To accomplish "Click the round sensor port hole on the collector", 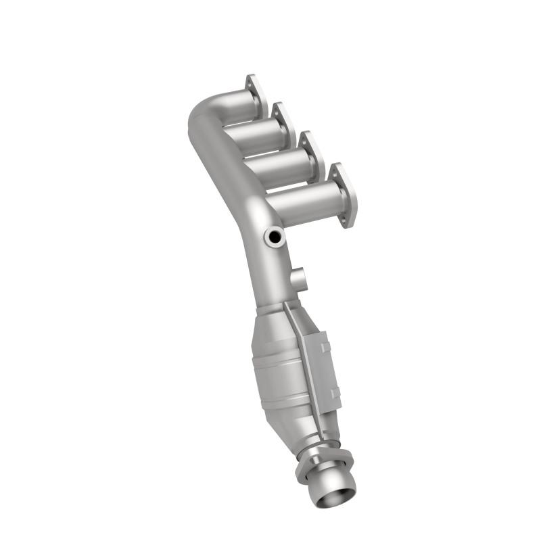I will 274,237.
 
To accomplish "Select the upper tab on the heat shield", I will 325,348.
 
